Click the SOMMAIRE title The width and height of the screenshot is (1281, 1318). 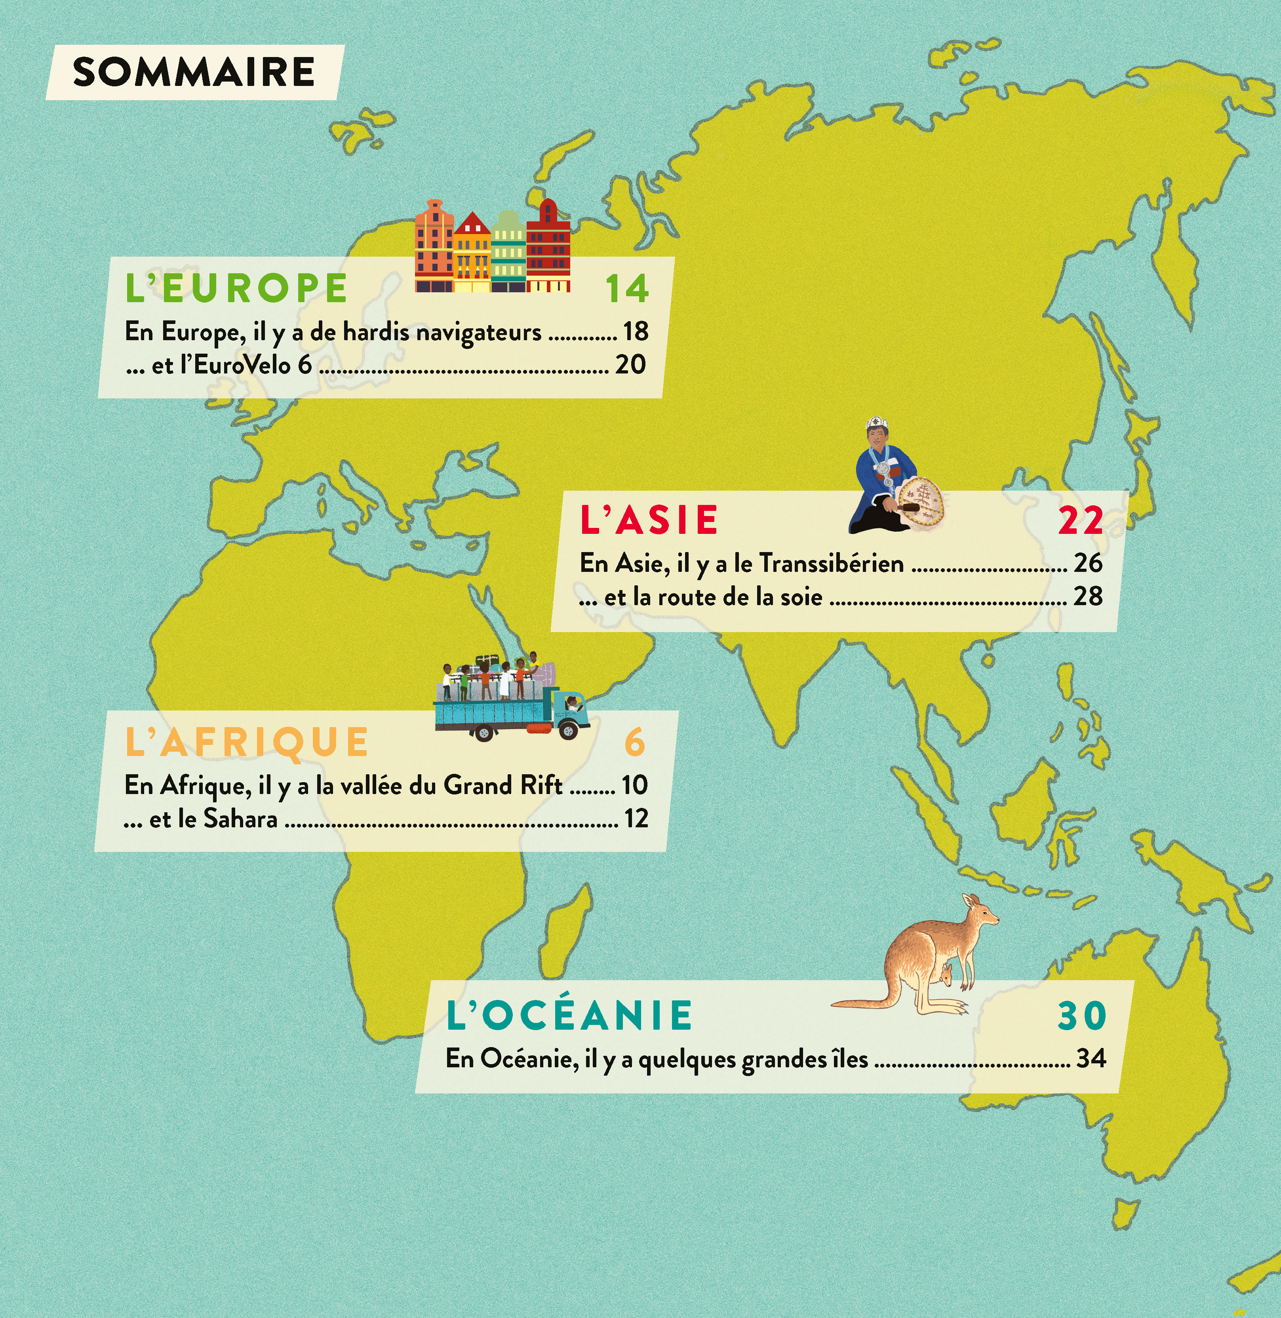tap(193, 72)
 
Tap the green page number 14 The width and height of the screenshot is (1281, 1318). tap(626, 289)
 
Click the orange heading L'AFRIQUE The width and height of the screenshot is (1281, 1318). tap(247, 742)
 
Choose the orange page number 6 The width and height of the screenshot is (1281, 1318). tap(634, 742)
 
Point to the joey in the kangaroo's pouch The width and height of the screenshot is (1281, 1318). tap(947, 973)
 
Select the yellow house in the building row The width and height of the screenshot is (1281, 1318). tap(472, 252)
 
